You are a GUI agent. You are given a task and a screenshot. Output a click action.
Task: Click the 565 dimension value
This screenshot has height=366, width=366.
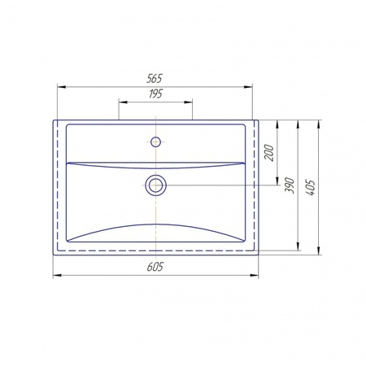(x=155, y=78)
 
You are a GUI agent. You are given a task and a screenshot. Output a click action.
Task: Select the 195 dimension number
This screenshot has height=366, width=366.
(x=155, y=94)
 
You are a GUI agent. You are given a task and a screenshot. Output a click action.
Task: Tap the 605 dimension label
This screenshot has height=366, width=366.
(x=155, y=267)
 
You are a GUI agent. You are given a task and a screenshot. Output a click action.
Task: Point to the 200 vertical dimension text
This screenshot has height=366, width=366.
(x=269, y=153)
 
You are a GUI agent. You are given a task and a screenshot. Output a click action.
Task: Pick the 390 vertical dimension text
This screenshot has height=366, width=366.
(x=290, y=185)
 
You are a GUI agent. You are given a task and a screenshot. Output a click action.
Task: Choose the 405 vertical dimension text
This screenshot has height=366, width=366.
(x=310, y=187)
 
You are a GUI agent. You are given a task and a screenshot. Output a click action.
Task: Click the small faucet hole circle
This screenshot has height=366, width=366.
(x=155, y=142)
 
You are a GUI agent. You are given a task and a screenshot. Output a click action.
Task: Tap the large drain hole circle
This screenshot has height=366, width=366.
(x=155, y=185)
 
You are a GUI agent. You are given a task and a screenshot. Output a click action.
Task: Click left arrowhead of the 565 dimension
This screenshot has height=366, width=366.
(x=62, y=87)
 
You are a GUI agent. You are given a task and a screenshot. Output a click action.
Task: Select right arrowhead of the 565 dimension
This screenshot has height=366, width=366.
(x=248, y=87)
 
